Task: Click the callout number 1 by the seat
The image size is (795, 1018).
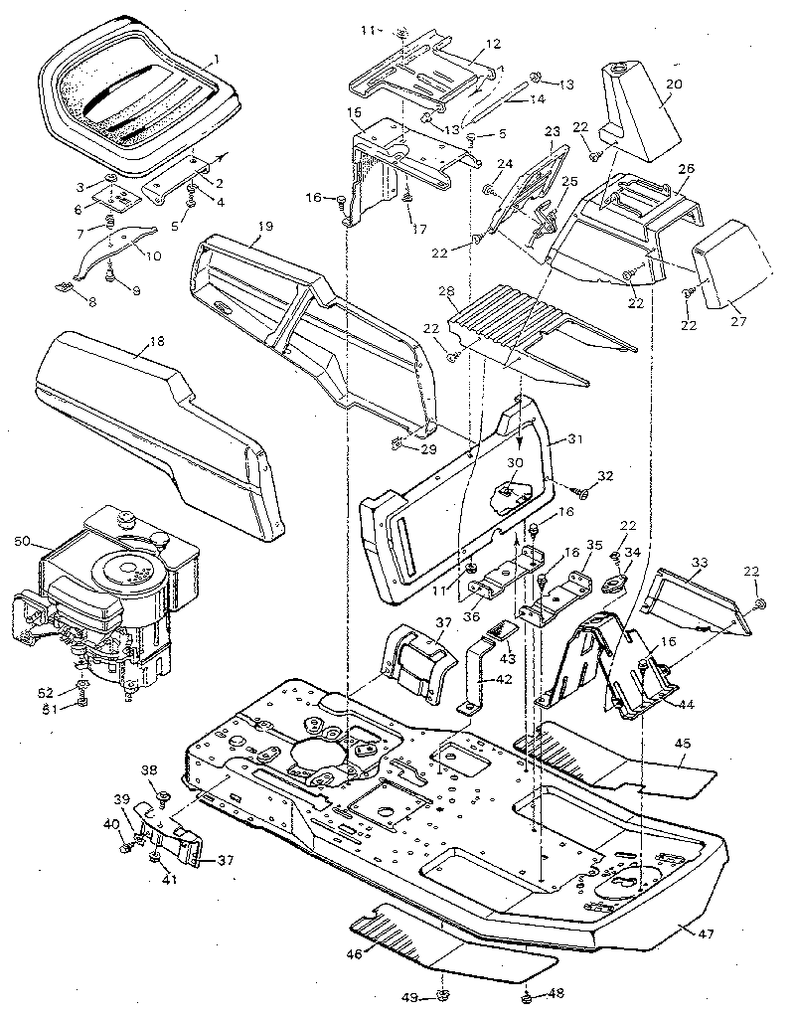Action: coord(212,61)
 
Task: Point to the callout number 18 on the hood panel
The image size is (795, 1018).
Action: coord(156,346)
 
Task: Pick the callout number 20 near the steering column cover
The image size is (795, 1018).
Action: coord(673,85)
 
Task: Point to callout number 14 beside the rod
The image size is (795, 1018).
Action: coord(536,99)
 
